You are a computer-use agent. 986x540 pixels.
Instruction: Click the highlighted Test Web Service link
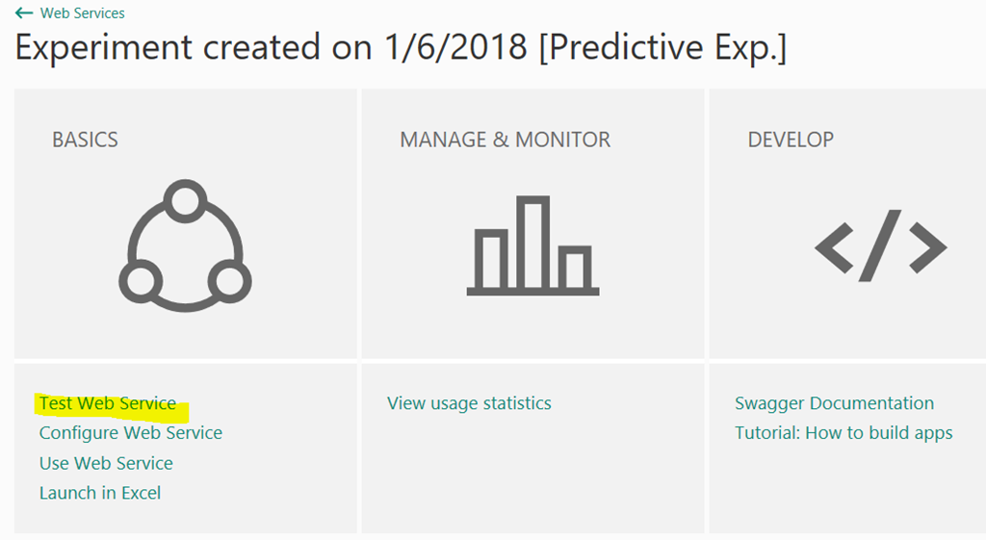pos(108,403)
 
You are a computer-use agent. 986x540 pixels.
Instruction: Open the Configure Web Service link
pos(131,433)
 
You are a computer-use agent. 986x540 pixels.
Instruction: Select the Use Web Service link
pos(106,463)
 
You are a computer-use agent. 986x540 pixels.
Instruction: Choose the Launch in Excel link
pos(100,493)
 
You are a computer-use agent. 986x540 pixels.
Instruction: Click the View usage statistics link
pos(469,403)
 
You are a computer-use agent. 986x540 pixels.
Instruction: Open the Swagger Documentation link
pos(834,403)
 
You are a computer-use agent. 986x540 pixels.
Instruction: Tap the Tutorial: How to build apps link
pos(843,433)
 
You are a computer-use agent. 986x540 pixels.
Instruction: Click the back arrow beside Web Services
pos(24,13)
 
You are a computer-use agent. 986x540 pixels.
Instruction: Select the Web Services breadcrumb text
pos(83,13)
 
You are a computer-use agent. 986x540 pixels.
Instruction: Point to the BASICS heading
pos(85,140)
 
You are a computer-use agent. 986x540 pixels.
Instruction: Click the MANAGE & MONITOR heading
pos(505,140)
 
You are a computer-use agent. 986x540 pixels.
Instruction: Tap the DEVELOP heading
pos(791,140)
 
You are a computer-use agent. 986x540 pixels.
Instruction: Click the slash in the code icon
pos(880,245)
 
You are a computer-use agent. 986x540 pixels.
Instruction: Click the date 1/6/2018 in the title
pos(455,47)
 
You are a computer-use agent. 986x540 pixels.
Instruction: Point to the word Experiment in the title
pos(104,48)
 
